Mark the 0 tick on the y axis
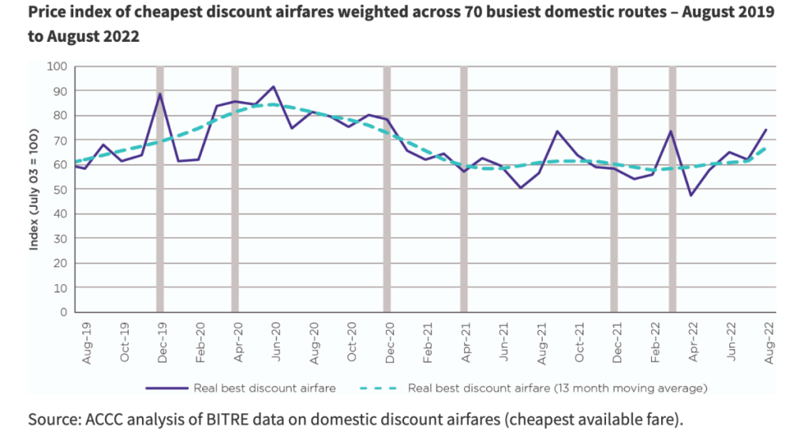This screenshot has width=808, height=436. [x=64, y=312]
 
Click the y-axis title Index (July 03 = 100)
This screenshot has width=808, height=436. [x=36, y=190]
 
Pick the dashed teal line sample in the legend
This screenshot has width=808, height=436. [x=380, y=388]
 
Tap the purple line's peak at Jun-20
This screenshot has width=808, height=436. [x=273, y=87]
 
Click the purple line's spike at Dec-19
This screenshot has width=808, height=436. [x=160, y=94]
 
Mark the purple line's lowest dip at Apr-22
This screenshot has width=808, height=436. [x=691, y=195]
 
